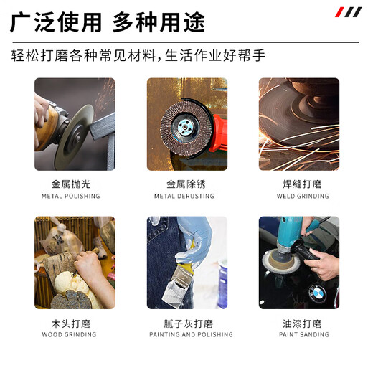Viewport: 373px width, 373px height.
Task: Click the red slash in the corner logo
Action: coord(339,12)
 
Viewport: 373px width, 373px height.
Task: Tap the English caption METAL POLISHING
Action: coord(71,197)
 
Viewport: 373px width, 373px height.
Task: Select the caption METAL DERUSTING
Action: coord(184,197)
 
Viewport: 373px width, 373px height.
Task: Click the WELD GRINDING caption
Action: coord(303,197)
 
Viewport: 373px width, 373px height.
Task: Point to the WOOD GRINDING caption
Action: coord(69,334)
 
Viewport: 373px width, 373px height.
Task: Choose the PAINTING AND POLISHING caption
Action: coord(191,334)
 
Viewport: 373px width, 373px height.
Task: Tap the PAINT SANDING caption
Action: coord(304,334)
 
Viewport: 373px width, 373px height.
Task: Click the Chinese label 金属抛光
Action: coord(71,184)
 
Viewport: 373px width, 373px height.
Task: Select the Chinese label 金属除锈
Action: coord(186,184)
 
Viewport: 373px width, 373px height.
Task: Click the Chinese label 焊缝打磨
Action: coord(302,184)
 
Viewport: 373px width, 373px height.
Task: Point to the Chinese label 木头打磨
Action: coord(71,324)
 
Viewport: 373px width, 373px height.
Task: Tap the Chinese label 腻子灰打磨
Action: coord(189,324)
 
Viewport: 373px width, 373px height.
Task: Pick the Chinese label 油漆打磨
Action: coord(302,324)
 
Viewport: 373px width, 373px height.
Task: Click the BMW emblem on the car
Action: coord(317,293)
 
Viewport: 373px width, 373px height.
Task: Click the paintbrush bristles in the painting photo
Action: coord(174,294)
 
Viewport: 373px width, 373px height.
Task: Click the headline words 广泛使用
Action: coord(56,22)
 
